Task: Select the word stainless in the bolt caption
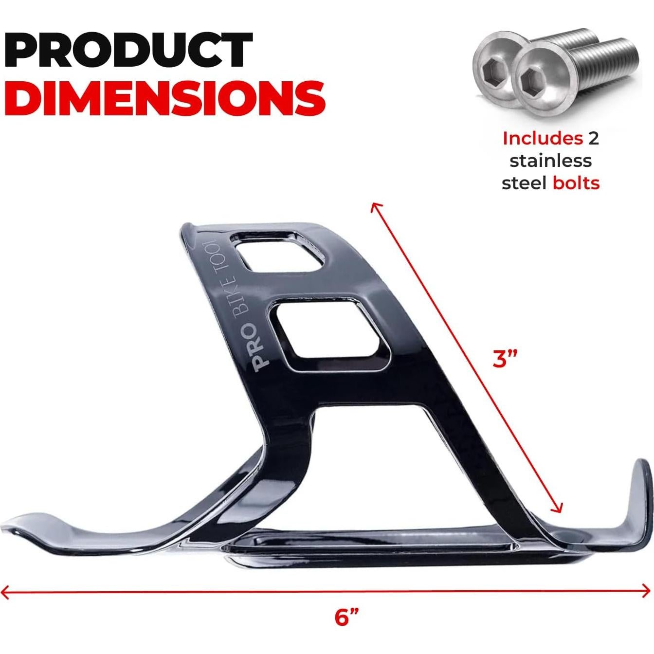550,161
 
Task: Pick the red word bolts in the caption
576,183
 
